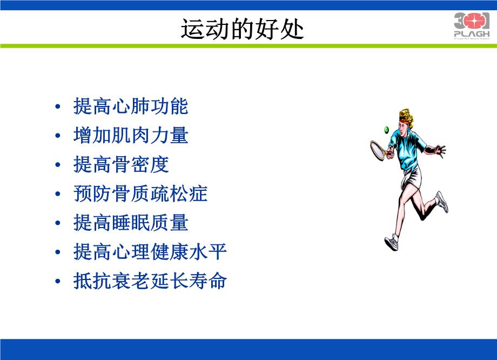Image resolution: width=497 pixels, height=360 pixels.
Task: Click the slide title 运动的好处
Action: click(242, 30)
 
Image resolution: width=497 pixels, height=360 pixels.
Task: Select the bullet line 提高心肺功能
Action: click(131, 106)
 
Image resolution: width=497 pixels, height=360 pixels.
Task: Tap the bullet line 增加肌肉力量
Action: click(131, 136)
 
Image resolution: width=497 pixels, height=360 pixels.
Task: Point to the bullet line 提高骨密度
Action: click(121, 165)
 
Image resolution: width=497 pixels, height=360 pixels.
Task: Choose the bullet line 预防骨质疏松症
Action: click(140, 194)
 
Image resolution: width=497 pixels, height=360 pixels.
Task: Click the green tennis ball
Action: click(386, 129)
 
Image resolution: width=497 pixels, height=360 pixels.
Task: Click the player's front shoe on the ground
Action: click(391, 241)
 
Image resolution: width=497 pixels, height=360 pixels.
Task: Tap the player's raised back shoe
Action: click(442, 202)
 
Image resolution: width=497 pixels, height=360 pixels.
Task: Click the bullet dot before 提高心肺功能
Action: click(58, 107)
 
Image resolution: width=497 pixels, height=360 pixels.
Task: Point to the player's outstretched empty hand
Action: click(440, 150)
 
